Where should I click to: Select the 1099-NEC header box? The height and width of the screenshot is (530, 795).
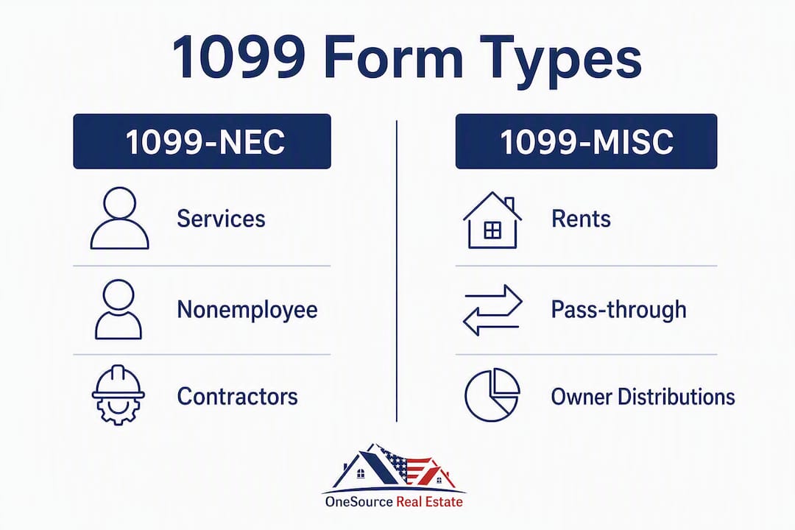[202, 141]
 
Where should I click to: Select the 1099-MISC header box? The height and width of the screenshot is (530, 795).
[586, 141]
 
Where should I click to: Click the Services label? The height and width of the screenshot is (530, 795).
[221, 219]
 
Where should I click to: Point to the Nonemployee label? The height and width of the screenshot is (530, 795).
[247, 309]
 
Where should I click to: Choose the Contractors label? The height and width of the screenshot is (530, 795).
[237, 397]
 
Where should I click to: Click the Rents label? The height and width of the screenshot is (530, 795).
[581, 219]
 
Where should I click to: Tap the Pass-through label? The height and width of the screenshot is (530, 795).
[618, 309]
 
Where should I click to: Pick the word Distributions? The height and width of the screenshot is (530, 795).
[677, 397]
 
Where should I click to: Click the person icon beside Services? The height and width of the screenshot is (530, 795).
[120, 218]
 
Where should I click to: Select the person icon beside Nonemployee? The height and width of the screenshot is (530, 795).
[119, 309]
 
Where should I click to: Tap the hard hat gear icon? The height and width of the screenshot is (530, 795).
[118, 395]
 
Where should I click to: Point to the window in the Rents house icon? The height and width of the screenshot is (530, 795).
[492, 230]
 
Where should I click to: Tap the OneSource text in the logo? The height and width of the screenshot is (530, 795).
[359, 502]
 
